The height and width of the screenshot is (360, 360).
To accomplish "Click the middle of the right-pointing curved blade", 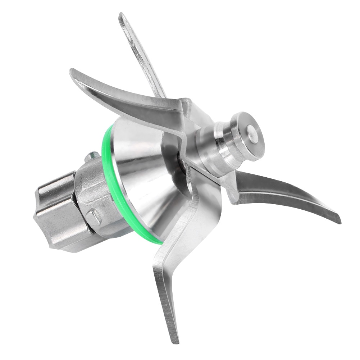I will (284, 194).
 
